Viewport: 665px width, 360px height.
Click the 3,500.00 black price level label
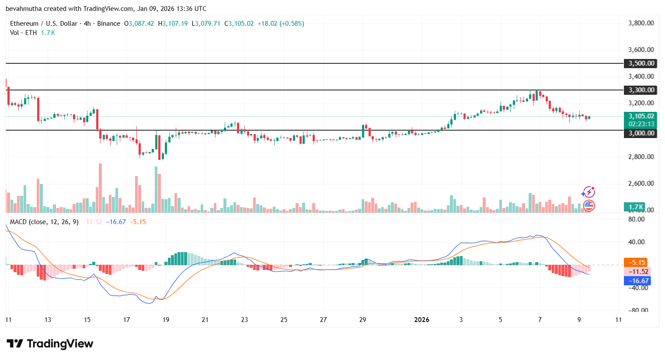641,63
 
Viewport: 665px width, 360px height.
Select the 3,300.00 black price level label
641,90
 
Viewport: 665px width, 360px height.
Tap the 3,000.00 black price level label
641,133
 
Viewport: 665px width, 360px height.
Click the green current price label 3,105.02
641,116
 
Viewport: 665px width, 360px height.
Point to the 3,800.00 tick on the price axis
641,23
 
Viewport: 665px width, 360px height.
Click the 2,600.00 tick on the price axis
641,183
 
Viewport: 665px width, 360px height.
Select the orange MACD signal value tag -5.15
637,263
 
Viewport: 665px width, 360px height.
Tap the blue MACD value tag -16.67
637,281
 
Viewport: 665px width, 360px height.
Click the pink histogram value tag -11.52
638,272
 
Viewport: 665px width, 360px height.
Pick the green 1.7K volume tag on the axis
635,207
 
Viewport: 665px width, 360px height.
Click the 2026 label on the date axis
421,320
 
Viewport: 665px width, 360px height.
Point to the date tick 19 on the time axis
166,320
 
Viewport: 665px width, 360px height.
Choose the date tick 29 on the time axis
362,320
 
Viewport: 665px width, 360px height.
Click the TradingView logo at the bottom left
50,344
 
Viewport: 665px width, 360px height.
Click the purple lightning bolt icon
588,192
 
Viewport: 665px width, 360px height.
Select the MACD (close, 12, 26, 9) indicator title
44,222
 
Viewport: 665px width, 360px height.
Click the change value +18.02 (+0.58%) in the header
281,24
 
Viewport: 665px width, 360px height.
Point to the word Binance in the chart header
108,24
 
